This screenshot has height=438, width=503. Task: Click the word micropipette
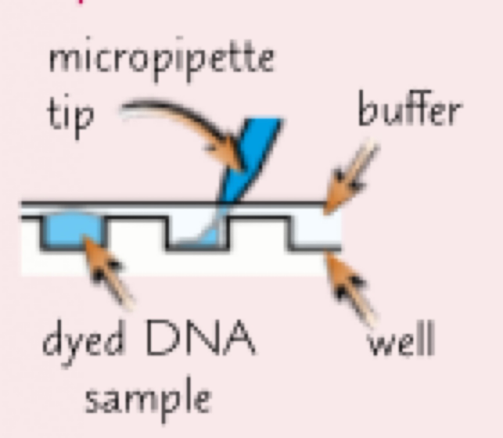pyautogui.click(x=161, y=60)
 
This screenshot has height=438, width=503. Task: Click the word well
pyautogui.click(x=401, y=341)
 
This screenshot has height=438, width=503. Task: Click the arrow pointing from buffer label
pyautogui.click(x=351, y=177)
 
